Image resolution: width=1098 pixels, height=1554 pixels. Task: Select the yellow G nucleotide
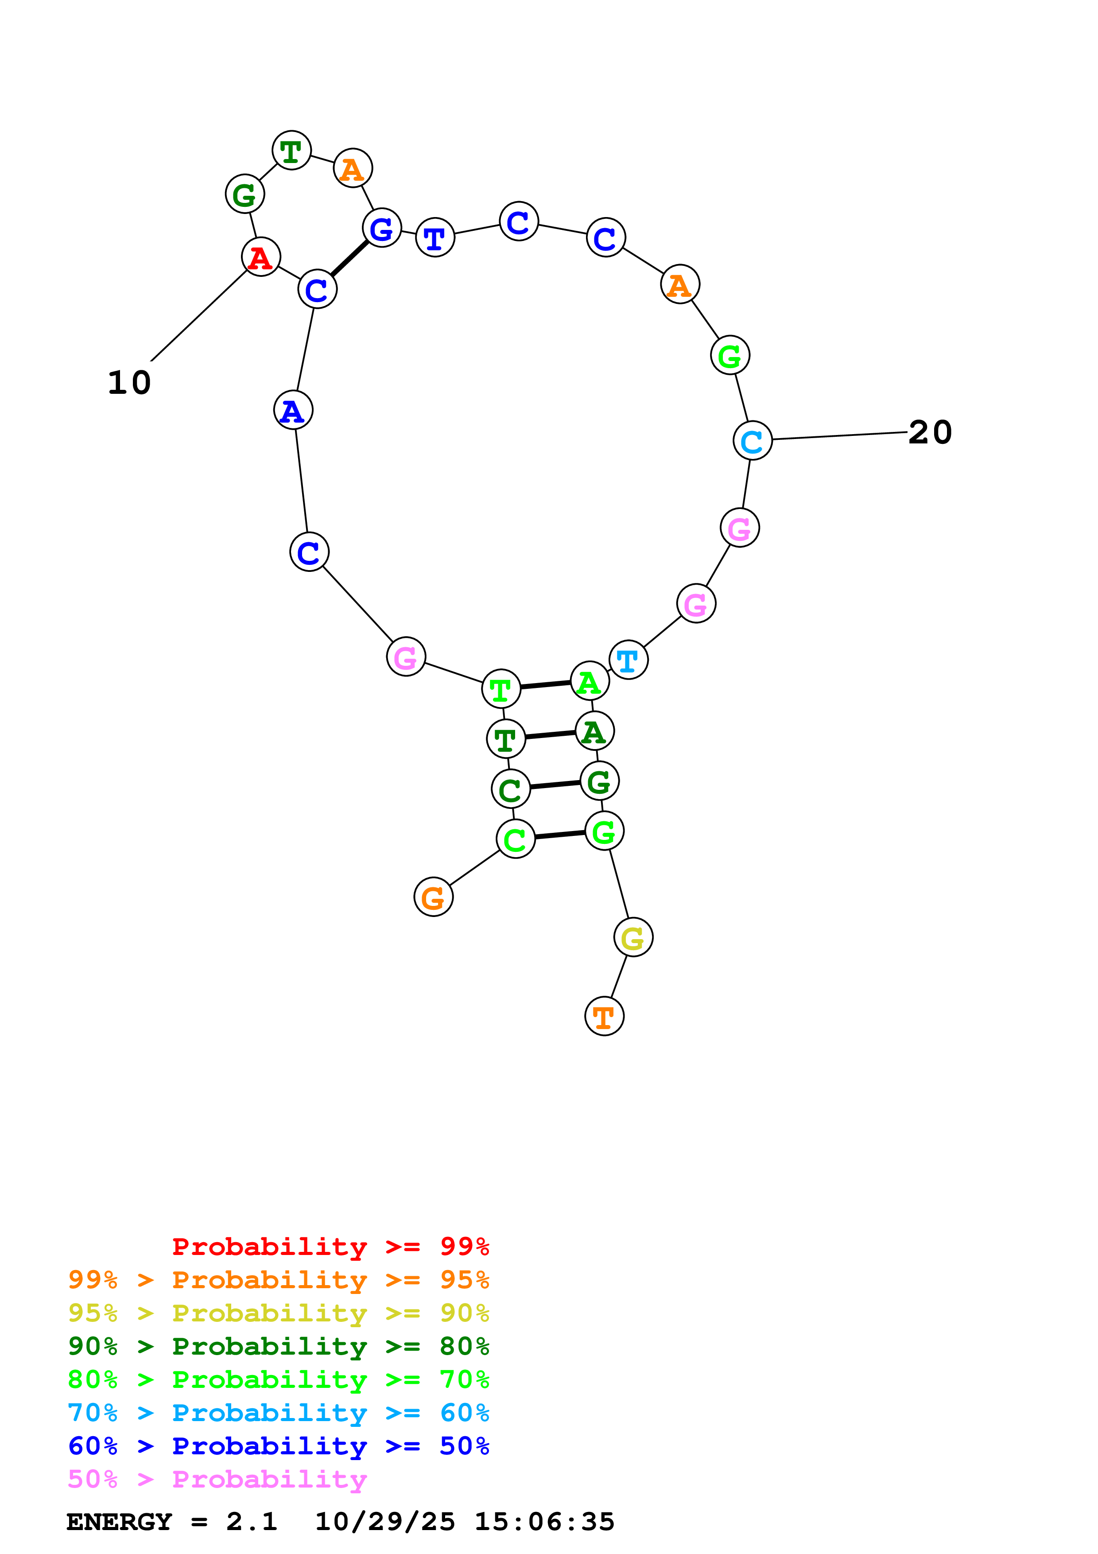(632, 937)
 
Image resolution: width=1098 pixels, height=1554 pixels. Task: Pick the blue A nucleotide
(293, 410)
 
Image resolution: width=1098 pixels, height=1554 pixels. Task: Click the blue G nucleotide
(381, 228)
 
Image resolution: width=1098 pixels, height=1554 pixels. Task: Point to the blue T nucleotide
(435, 237)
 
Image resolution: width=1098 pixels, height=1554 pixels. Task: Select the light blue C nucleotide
(752, 441)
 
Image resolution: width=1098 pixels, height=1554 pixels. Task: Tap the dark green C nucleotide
(510, 789)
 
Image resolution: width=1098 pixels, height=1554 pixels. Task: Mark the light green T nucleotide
(501, 689)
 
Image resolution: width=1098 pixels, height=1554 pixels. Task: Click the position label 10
(129, 383)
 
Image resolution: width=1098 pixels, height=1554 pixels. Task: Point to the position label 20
(930, 432)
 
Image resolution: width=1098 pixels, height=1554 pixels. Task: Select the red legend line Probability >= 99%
(330, 1247)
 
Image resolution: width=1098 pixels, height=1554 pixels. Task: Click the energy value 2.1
(252, 1522)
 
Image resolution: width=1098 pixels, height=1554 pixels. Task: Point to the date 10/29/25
(384, 1522)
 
